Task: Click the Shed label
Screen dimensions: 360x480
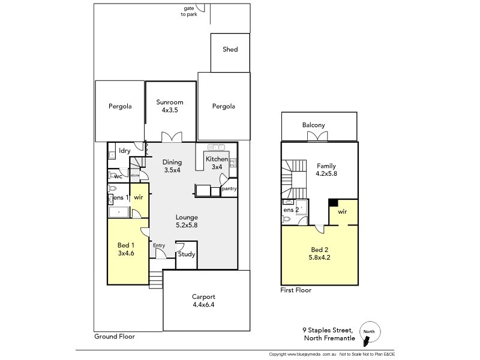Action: [x=230, y=50]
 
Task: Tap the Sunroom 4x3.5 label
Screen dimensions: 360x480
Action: [x=170, y=106]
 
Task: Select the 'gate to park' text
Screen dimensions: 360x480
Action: [x=193, y=11]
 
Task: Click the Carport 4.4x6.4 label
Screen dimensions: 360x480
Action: [x=203, y=301]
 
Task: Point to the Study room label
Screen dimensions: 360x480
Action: [x=187, y=254]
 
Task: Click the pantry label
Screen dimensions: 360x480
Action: [x=229, y=189]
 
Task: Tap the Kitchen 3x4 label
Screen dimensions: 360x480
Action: [x=217, y=163]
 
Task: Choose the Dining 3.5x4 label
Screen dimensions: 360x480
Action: [x=172, y=166]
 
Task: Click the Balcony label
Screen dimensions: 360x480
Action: [x=314, y=125]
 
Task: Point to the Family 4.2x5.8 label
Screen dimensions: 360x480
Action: [x=326, y=170]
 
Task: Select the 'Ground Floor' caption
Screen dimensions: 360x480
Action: [x=114, y=337]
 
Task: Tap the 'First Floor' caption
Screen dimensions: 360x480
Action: [x=296, y=290]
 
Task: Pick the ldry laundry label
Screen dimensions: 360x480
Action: [x=125, y=151]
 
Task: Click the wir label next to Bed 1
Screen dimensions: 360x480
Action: [x=138, y=197]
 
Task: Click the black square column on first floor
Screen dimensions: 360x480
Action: [x=332, y=203]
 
